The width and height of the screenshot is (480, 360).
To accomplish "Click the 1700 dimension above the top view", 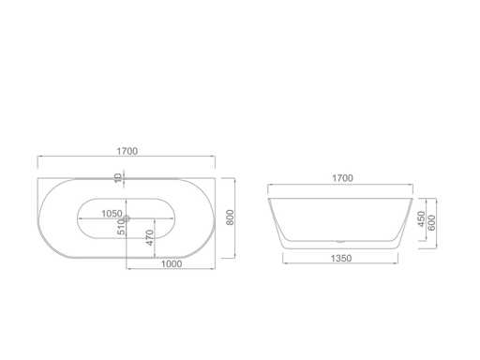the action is pos(127,151).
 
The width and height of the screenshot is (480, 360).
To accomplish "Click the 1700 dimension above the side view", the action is pos(342,178).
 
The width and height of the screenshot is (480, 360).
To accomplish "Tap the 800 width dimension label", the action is pos(230,217).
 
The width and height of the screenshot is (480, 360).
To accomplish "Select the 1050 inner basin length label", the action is pos(112,214).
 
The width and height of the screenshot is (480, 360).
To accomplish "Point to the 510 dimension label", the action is pos(121,227).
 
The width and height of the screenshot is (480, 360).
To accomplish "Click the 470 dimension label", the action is pos(150,237).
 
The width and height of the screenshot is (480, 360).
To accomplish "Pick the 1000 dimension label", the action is pos(172,264).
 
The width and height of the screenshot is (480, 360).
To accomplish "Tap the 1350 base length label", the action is pos(341,259).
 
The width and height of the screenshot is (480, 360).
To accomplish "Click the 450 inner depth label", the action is pos(422,219).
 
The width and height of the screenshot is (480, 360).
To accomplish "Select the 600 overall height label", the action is pos(431,223).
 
